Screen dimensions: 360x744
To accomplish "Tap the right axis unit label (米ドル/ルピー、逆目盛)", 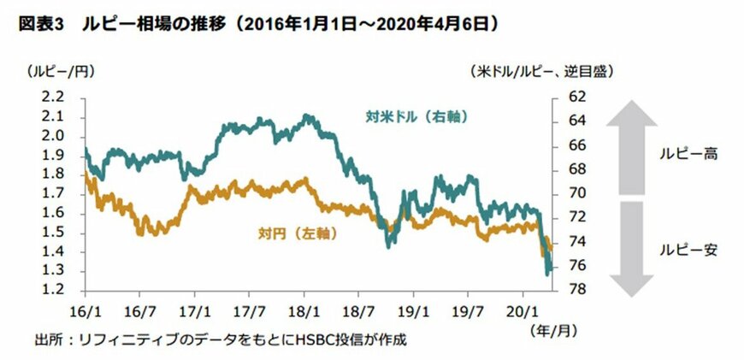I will tap(541, 72).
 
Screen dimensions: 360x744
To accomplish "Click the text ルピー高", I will tap(688, 155).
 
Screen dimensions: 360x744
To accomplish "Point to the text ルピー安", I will tap(688, 251).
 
